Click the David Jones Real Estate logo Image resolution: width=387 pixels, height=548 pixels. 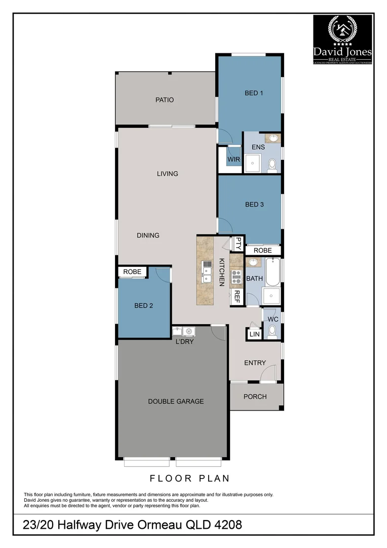coord(343,40)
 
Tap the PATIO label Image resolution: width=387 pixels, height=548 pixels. coord(164,100)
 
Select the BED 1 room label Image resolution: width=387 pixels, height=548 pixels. coord(254,93)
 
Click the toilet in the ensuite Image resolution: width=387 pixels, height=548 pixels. coord(272,164)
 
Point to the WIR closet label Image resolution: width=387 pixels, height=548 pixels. coord(234,159)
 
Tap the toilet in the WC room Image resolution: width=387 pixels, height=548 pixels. coord(272,331)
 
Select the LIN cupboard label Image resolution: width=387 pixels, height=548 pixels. coord(254,334)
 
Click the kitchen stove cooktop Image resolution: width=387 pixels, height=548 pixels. coord(236,277)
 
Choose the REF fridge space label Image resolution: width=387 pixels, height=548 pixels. coord(236,296)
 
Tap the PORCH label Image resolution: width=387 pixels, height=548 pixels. coord(255,396)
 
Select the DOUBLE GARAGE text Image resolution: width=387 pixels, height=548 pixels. coord(176,401)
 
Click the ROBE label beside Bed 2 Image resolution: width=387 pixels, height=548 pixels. coord(132,272)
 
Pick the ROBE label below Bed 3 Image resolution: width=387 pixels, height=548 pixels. coord(262,251)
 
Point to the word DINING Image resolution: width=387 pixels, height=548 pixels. coord(148,235)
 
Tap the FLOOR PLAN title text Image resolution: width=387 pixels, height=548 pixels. coord(189,478)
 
